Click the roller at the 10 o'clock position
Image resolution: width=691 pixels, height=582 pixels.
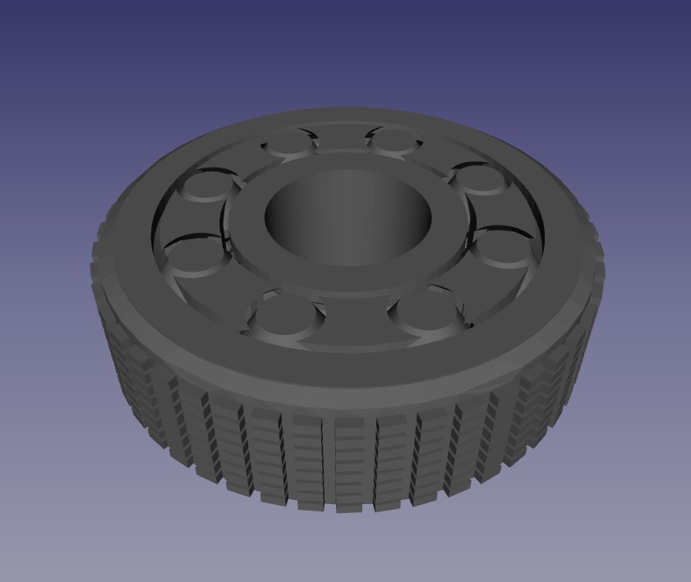click(x=205, y=186)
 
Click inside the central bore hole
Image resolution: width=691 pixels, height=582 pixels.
click(x=348, y=218)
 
